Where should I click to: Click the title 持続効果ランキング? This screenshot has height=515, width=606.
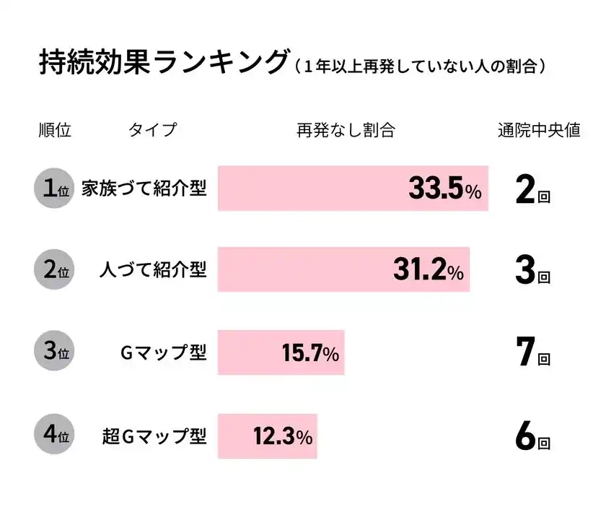(x=163, y=63)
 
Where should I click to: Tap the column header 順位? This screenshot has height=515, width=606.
(x=55, y=131)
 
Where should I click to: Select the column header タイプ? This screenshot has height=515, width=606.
(x=152, y=131)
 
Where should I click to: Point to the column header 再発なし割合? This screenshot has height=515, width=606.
(x=346, y=131)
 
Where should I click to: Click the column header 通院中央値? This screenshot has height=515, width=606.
(x=539, y=131)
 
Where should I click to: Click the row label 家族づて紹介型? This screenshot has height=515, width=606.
(x=144, y=189)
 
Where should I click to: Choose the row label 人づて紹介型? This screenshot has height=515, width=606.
(x=152, y=271)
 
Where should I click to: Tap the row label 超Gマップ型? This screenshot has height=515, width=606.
(x=154, y=436)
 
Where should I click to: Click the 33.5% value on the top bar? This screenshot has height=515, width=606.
(x=444, y=189)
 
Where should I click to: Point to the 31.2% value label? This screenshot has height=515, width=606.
(x=428, y=271)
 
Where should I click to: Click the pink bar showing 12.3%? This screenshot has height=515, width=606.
(x=267, y=436)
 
